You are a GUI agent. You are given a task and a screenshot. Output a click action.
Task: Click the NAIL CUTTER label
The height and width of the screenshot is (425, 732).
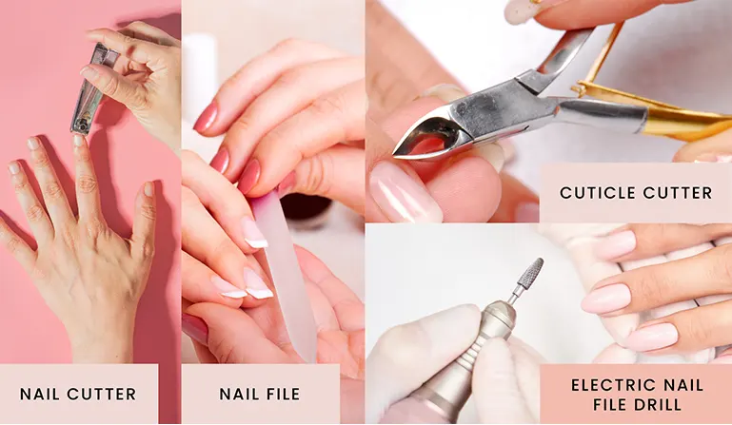click(x=78, y=394)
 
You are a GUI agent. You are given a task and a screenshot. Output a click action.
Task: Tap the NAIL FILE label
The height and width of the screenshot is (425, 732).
click(x=259, y=394)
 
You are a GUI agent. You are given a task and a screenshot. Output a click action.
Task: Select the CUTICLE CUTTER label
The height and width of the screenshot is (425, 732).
click(x=635, y=193)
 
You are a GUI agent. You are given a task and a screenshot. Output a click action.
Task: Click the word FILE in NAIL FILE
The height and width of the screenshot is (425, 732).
click(x=282, y=394)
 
